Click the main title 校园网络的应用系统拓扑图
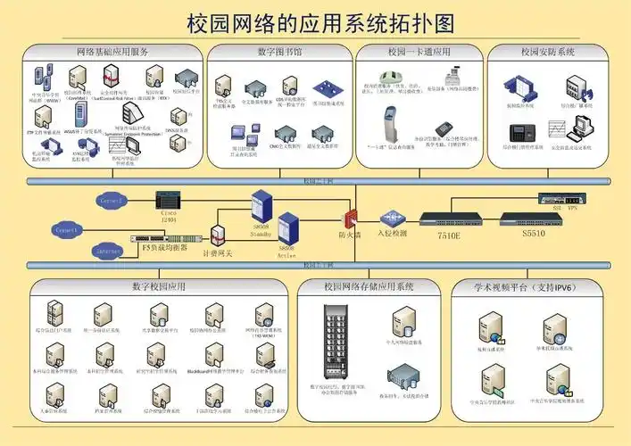[x=315, y=21]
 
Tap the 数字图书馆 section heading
[x=279, y=53]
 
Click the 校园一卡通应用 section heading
[x=419, y=53]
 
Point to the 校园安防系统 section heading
[x=547, y=53]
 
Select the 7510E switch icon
[x=452, y=219]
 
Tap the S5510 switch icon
[x=534, y=219]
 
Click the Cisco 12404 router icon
[x=168, y=199]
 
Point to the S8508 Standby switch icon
[x=262, y=206]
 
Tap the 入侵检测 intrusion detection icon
[x=390, y=218]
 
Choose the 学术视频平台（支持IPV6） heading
[x=524, y=287]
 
